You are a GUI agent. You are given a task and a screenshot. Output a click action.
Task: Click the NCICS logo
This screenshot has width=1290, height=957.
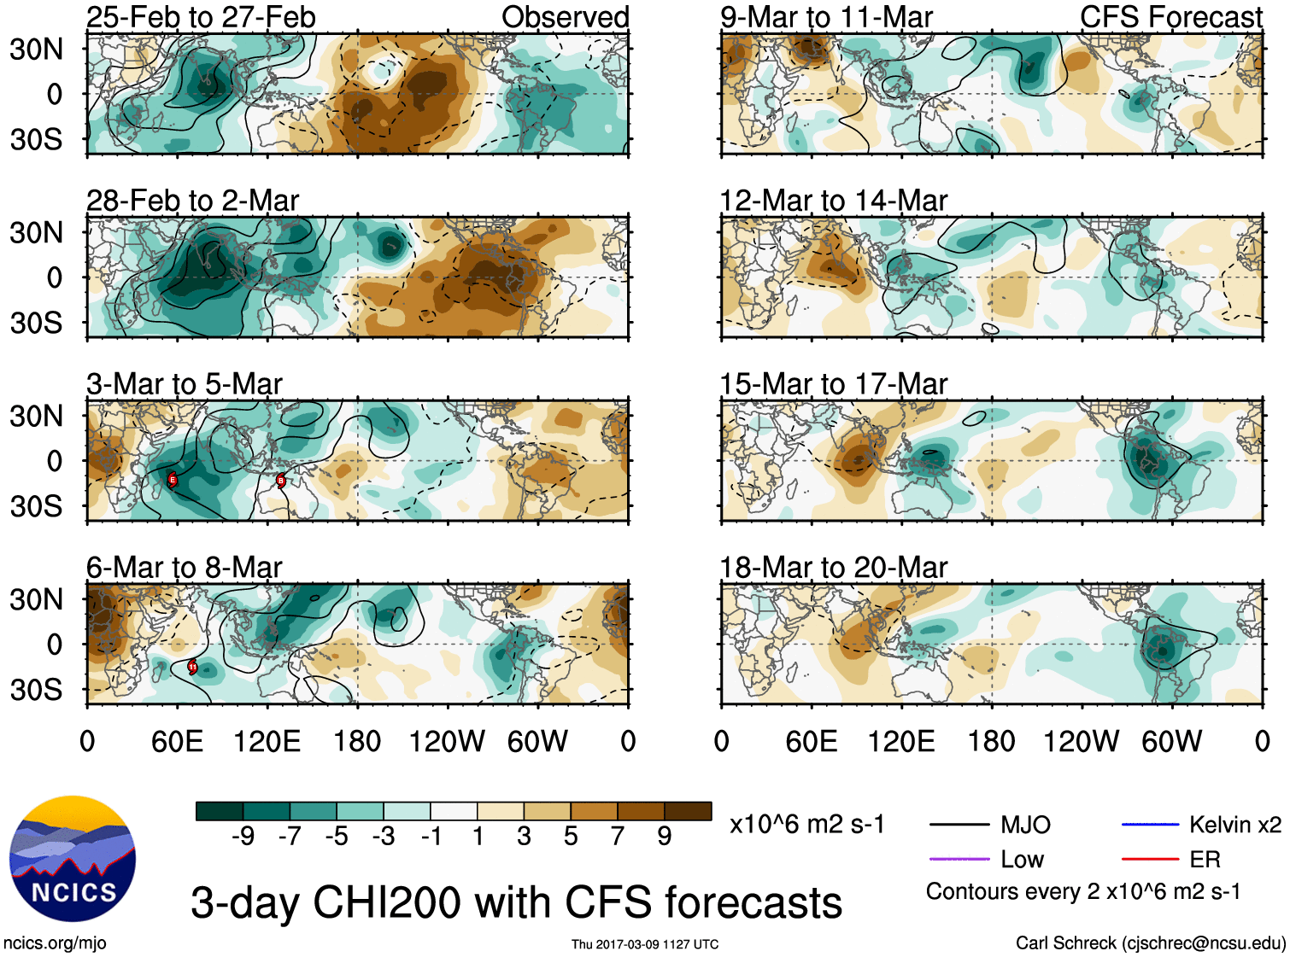point(73,858)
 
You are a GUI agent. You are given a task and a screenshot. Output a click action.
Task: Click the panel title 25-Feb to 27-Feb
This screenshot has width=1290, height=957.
point(201,17)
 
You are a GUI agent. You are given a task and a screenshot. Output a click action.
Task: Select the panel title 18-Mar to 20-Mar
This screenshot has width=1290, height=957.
point(833,568)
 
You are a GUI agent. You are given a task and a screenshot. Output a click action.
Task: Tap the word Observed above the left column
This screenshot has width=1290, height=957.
point(565,17)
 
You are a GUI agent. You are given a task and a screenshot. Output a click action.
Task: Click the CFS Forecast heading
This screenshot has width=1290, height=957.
point(1170,17)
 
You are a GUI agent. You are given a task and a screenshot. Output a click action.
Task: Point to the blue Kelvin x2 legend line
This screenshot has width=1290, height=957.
point(1150,825)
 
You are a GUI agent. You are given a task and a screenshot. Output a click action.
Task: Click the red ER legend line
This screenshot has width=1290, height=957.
point(1150,859)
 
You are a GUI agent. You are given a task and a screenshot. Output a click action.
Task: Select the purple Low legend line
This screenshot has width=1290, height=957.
point(959,859)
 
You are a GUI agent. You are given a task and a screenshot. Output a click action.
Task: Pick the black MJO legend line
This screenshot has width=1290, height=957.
point(959,825)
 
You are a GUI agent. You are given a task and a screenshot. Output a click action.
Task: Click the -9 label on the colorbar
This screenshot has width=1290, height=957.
point(243,837)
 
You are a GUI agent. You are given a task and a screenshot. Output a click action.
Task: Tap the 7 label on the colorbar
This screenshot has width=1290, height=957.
point(618,837)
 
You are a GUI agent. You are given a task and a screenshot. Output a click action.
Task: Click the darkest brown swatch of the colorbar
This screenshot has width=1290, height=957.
point(688,811)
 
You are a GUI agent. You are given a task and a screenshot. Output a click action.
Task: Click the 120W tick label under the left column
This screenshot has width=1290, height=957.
point(447,741)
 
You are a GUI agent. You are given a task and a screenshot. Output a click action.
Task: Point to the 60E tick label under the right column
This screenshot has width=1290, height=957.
point(811,741)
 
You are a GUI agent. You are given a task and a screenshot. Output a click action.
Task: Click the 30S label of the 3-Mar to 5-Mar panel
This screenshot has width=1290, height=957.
point(36,506)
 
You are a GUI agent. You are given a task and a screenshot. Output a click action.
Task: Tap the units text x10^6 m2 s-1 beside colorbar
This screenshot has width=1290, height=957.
point(806,825)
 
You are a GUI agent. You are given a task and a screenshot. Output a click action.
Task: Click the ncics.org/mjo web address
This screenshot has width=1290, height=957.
point(55,943)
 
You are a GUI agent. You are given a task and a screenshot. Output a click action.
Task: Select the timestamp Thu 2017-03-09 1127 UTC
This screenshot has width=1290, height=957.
point(645,944)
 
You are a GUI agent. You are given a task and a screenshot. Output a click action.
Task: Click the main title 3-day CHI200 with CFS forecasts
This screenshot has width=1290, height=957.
point(516,902)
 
